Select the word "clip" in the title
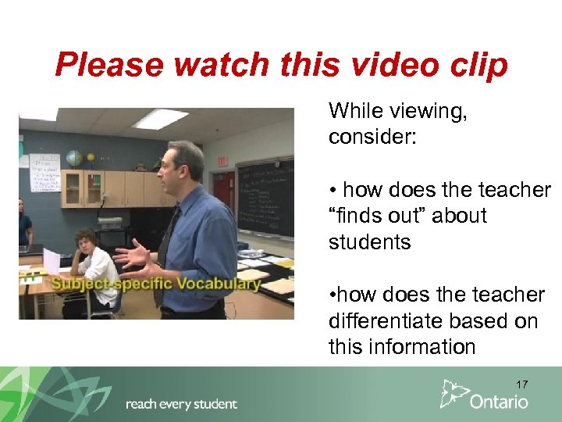pos(478,66)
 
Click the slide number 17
pos(521,384)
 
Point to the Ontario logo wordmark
pos(499,402)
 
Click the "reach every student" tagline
pos(181,404)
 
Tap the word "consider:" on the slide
pos(373,138)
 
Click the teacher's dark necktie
pos(166,250)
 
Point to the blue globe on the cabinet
pos(75,158)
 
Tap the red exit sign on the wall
pos(222,162)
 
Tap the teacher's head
pos(184,164)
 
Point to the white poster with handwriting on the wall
pos(44,172)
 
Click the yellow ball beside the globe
pos(91,159)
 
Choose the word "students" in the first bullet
pos(369,242)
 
